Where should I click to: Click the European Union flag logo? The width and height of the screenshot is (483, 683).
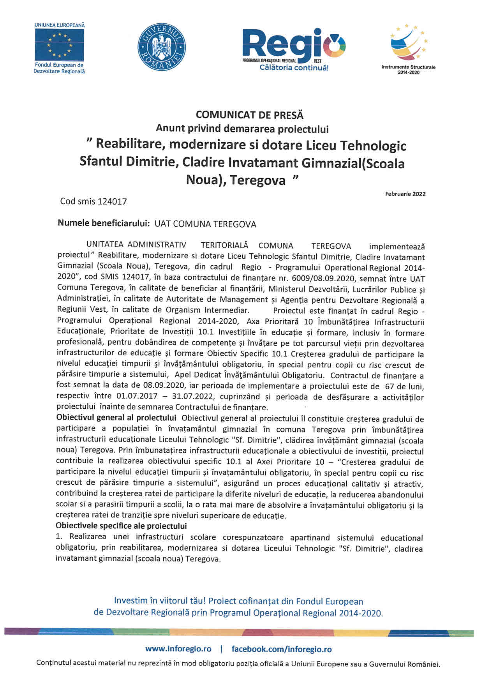(59, 44)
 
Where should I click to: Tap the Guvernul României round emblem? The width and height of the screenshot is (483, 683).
(161, 47)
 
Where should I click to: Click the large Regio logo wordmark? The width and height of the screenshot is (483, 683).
(294, 44)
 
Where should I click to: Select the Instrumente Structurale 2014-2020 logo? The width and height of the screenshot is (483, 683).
(409, 48)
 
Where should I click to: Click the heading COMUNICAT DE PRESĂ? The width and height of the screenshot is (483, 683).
(249, 115)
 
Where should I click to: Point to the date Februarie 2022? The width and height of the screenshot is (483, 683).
(405, 194)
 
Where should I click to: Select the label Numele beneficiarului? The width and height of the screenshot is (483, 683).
(104, 224)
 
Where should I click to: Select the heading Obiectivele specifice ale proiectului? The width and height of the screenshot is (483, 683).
(121, 526)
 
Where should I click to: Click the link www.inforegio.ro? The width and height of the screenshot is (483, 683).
(178, 649)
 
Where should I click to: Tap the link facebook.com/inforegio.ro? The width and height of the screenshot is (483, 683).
(282, 649)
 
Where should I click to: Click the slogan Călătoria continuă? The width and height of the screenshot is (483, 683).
(294, 68)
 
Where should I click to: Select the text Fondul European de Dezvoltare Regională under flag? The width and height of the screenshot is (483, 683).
(59, 68)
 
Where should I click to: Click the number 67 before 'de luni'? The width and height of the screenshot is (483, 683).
(389, 387)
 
